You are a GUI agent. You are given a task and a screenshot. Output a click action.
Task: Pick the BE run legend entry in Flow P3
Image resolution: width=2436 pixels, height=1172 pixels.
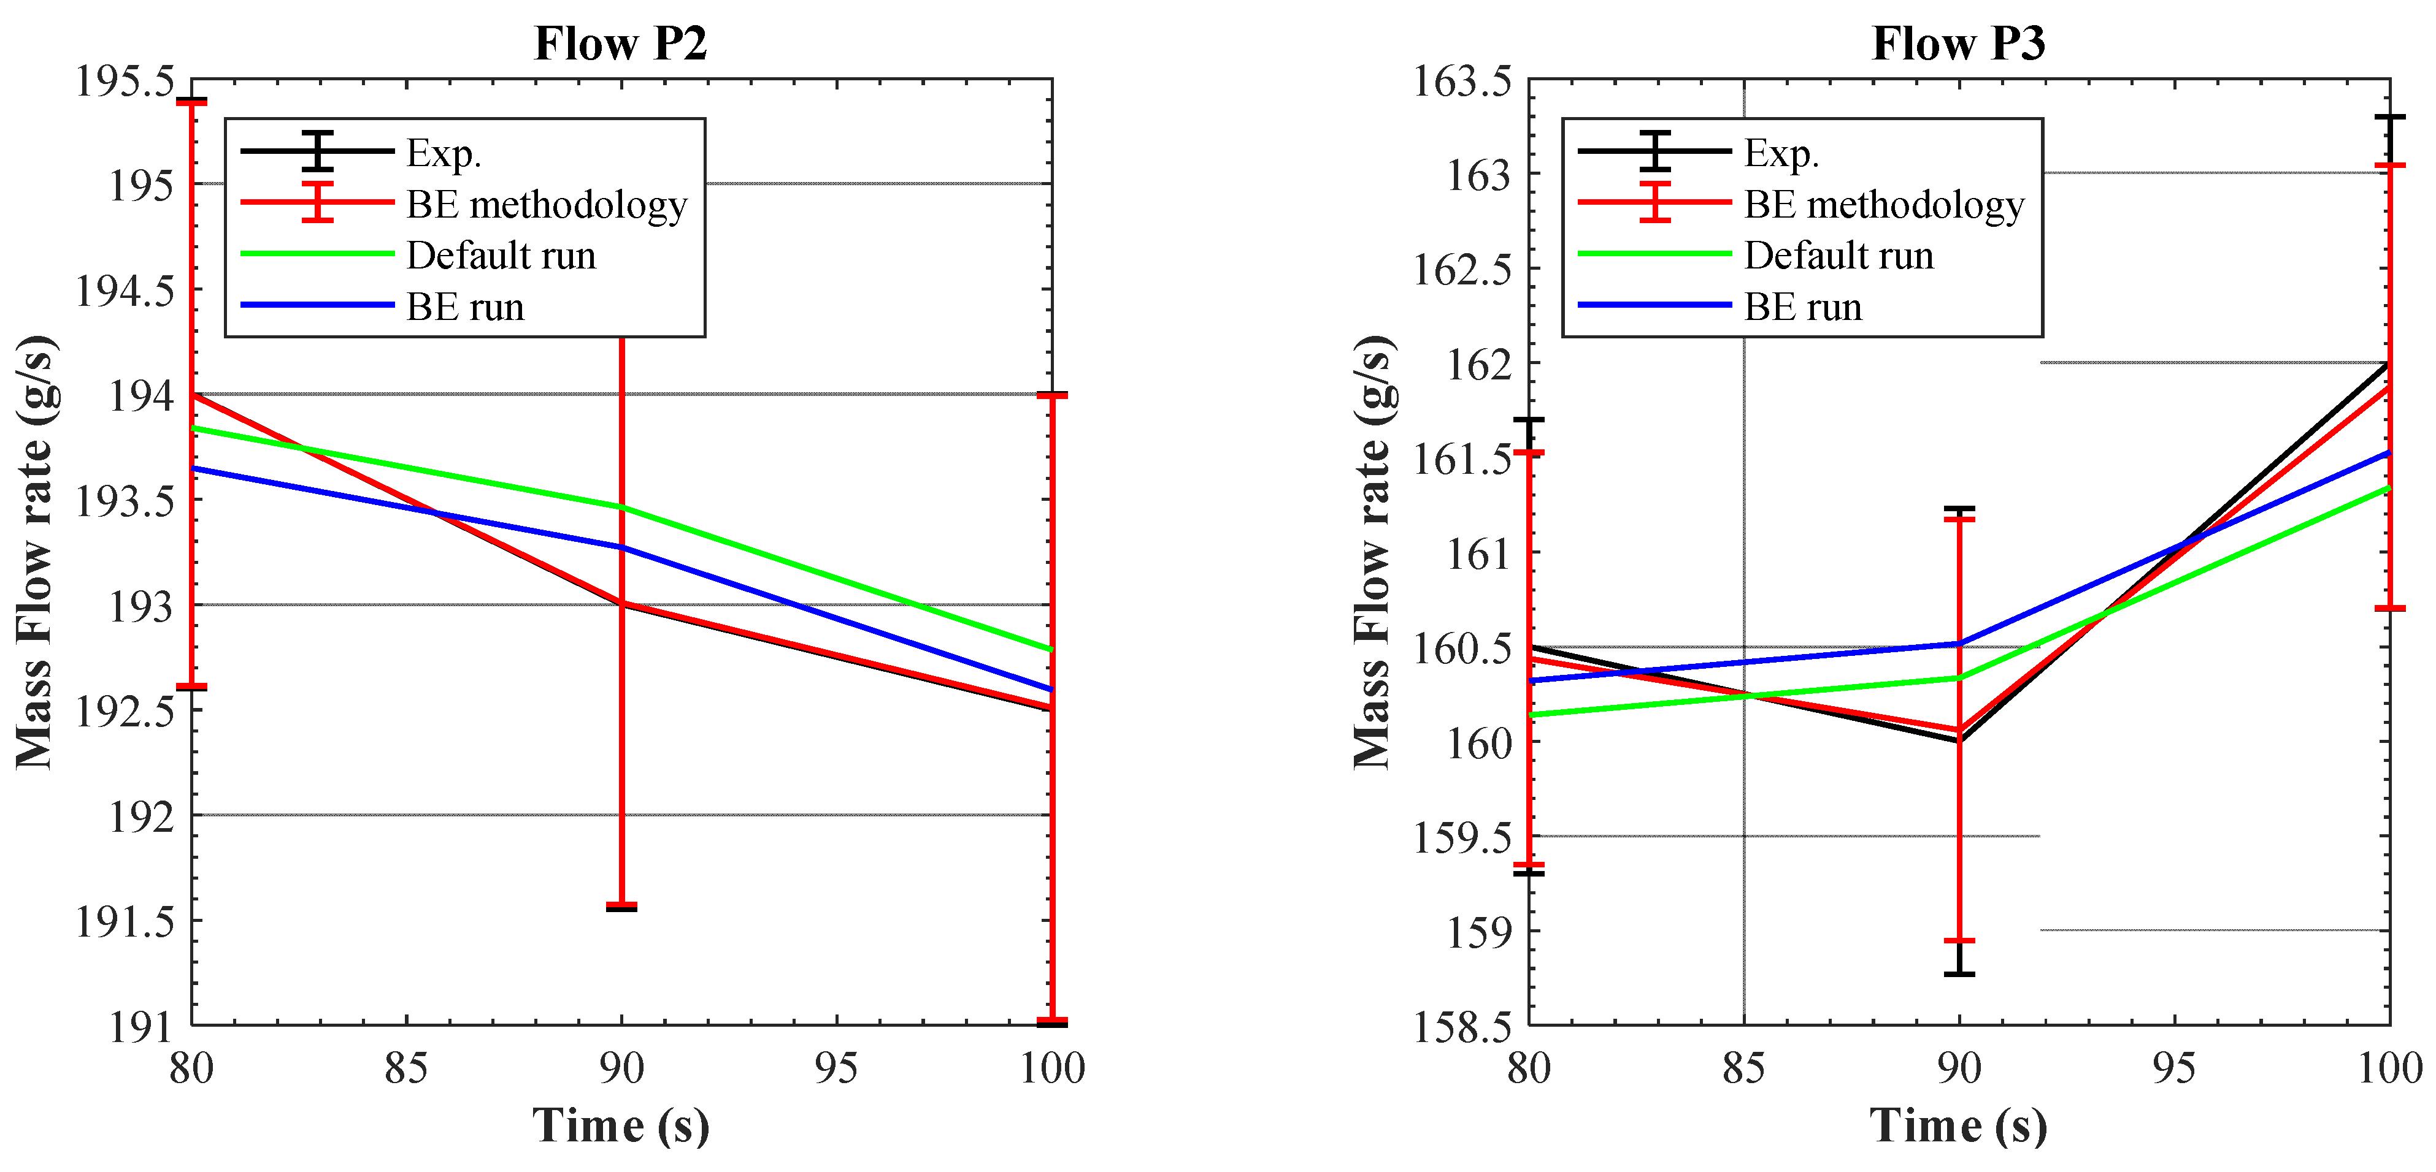pyautogui.click(x=1802, y=307)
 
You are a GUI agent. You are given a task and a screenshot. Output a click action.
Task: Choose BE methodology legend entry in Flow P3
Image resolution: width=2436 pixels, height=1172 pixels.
pyautogui.click(x=1884, y=204)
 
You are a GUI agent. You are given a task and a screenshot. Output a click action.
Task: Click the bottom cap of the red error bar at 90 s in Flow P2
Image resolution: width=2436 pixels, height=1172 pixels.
pyautogui.click(x=621, y=905)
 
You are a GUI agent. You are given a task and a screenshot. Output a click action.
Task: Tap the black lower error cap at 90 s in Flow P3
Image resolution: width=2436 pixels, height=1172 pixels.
pyautogui.click(x=1959, y=973)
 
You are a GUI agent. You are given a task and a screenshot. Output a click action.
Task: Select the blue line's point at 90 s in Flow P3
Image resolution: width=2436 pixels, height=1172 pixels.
pyautogui.click(x=1959, y=644)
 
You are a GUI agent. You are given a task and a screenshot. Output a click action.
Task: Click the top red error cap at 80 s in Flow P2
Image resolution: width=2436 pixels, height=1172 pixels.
pyautogui.click(x=192, y=101)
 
